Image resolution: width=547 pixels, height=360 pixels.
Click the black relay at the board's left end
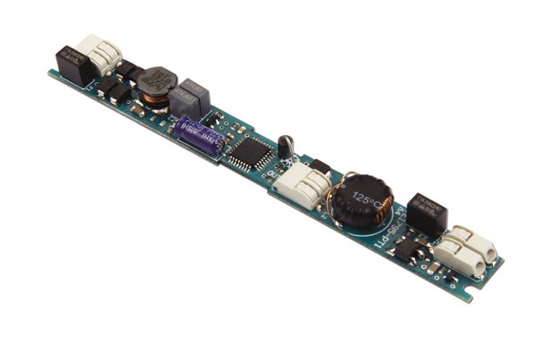(x=71, y=64)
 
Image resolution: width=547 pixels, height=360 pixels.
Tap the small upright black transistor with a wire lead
(x=285, y=146)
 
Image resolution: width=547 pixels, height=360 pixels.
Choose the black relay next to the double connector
(x=426, y=212)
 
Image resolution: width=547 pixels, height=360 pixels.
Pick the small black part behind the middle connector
(x=320, y=167)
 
